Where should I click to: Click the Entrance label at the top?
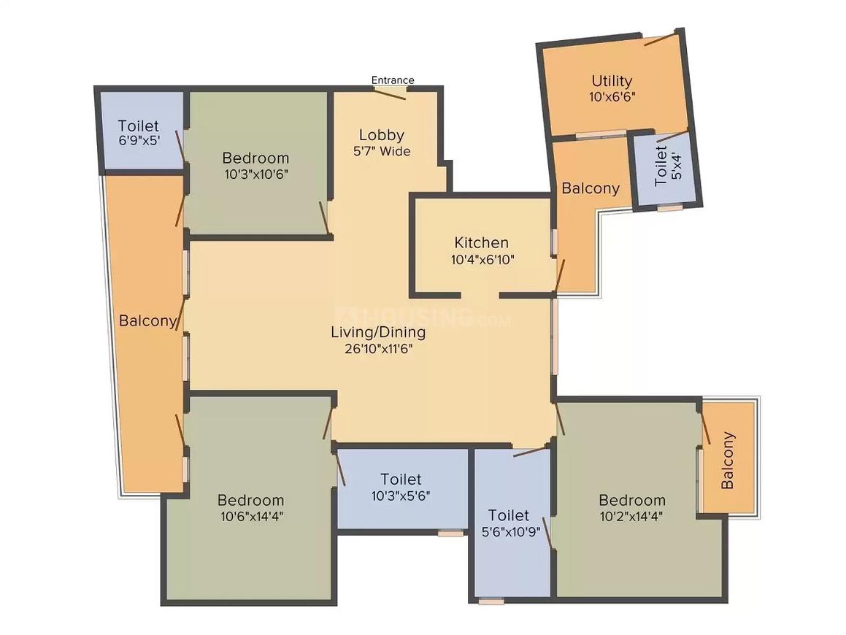click(x=393, y=80)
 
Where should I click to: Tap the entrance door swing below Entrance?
click(x=390, y=93)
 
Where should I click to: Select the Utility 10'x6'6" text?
click(x=612, y=88)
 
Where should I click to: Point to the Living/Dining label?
click(x=378, y=332)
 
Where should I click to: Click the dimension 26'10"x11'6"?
click(x=379, y=349)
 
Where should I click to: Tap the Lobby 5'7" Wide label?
click(x=382, y=142)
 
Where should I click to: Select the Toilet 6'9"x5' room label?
click(x=139, y=133)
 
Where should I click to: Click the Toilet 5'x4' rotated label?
click(x=668, y=166)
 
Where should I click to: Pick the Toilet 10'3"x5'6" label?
click(x=401, y=487)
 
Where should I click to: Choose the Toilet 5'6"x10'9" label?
click(x=509, y=523)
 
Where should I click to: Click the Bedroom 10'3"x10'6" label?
click(x=255, y=166)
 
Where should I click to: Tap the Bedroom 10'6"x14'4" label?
click(x=251, y=508)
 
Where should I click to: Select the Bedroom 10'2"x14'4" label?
click(x=632, y=508)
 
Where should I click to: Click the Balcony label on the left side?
click(x=147, y=321)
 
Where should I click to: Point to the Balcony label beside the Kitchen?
click(x=591, y=188)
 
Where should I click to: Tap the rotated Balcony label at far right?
click(x=728, y=461)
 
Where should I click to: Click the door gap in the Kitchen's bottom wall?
click(x=480, y=295)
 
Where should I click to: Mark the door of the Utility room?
click(x=661, y=40)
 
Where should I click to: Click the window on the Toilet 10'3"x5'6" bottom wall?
click(x=450, y=534)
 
